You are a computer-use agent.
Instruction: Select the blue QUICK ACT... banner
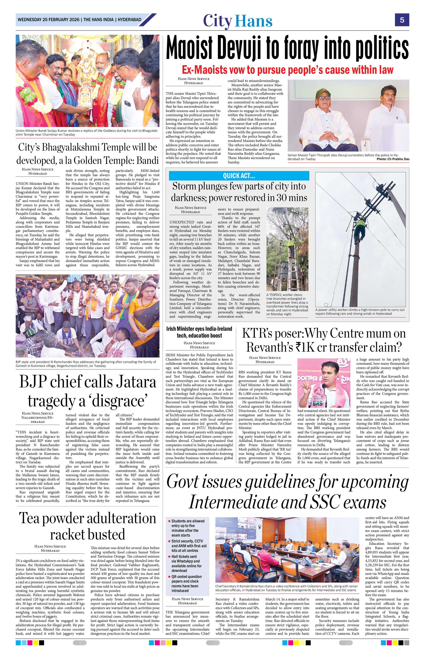[239, 175]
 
